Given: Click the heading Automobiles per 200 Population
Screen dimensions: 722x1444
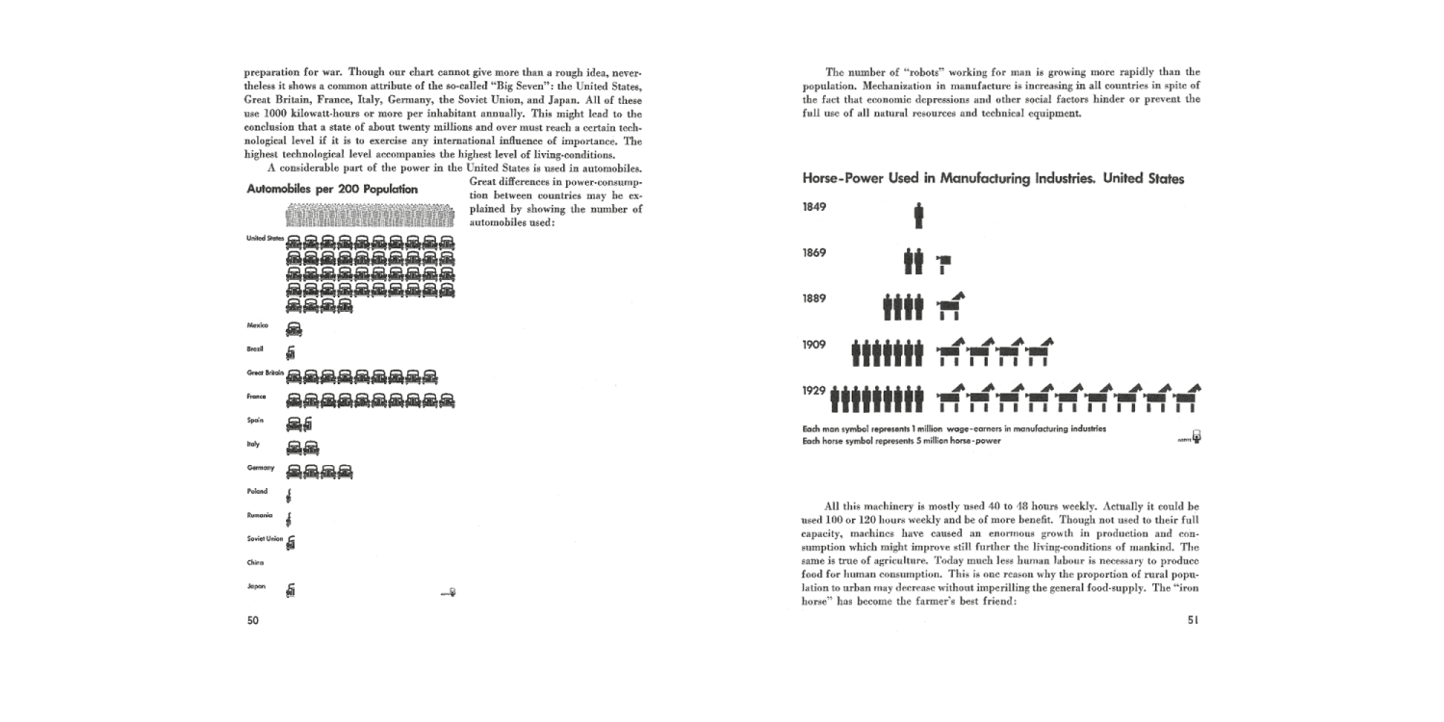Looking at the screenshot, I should [332, 190].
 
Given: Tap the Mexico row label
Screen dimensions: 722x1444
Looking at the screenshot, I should [257, 325].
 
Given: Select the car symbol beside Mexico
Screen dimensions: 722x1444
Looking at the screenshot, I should [294, 328].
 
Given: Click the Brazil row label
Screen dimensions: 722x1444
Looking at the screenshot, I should [255, 348].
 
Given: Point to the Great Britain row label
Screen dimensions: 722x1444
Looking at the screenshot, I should [266, 373].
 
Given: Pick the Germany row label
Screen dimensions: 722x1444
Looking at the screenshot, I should [260, 468].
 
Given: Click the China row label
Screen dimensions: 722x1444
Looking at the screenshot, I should [255, 562].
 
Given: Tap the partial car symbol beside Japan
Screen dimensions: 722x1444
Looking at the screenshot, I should [291, 590].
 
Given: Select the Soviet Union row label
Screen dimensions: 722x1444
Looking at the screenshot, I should [265, 538].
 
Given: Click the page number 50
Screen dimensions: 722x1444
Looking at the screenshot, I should [252, 621].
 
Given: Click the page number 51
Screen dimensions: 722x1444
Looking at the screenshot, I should [1193, 621].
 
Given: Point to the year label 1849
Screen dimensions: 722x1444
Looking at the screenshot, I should [815, 207].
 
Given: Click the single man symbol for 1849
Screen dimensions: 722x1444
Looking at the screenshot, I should [919, 215].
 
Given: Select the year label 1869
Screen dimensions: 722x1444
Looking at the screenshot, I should [815, 253].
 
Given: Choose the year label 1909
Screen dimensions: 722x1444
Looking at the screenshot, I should [815, 344].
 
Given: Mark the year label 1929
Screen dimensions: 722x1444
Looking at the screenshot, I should [815, 390].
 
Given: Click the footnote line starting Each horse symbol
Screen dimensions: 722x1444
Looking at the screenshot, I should [901, 441].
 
